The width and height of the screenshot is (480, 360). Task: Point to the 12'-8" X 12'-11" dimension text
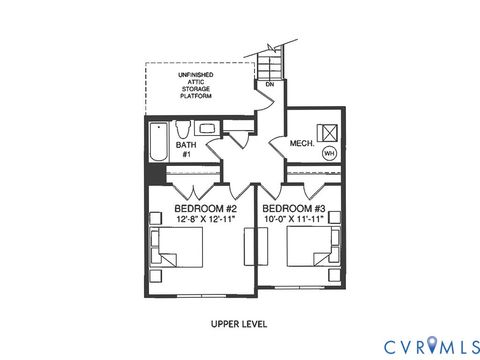(205, 219)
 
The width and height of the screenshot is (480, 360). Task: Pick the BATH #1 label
(187, 149)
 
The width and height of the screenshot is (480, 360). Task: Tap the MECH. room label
(302, 144)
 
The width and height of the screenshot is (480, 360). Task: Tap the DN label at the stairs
(269, 84)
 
